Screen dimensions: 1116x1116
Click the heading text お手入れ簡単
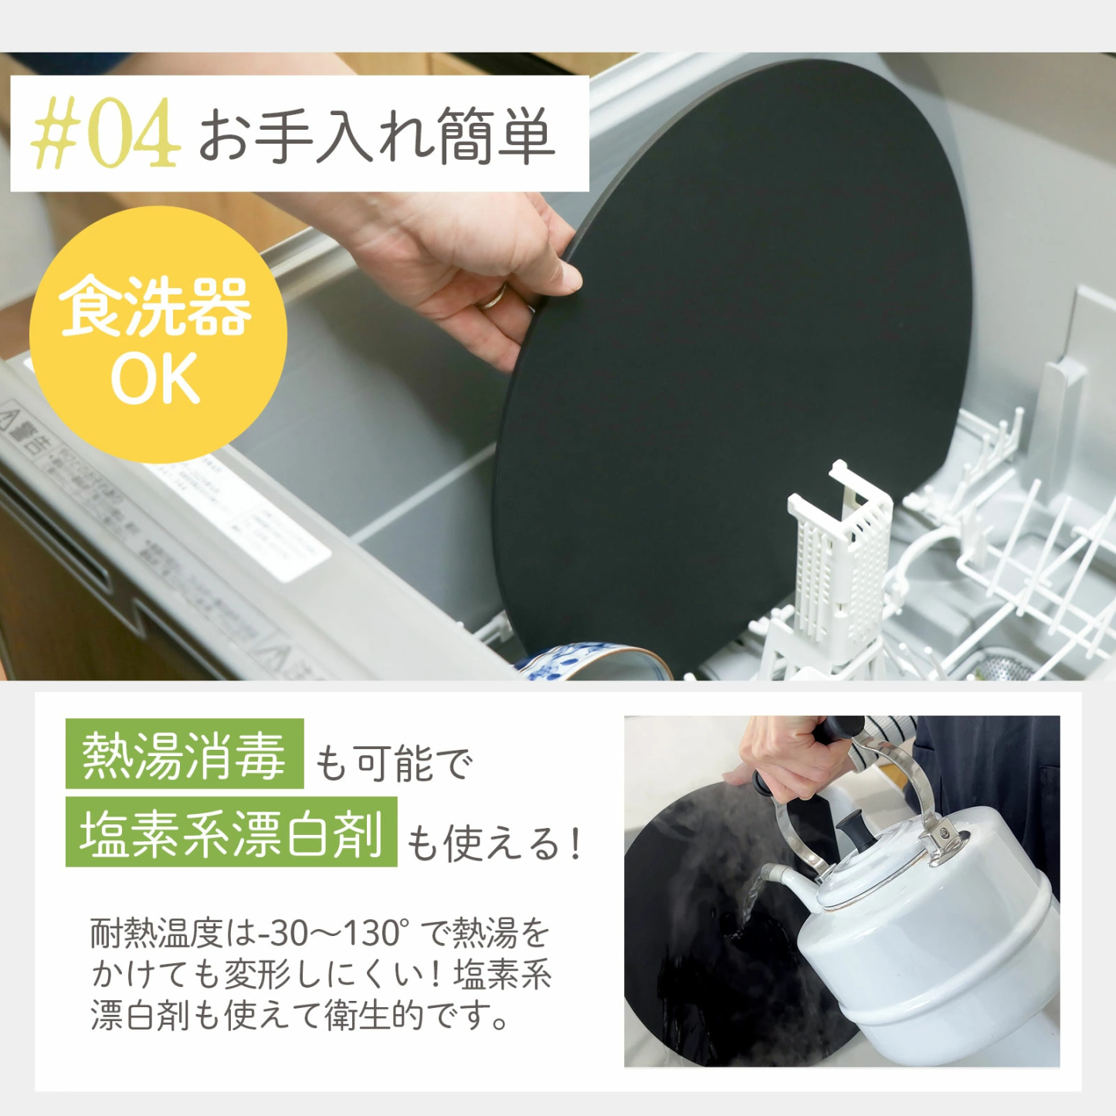click(x=377, y=136)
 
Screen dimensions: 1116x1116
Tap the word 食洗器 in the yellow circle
click(x=155, y=307)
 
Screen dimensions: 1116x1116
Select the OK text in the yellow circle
click(x=155, y=378)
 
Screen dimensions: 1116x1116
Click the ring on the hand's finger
click(x=492, y=297)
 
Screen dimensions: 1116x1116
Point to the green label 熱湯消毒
click(x=184, y=755)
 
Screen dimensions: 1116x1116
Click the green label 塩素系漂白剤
click(x=231, y=833)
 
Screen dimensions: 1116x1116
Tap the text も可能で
click(x=392, y=763)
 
